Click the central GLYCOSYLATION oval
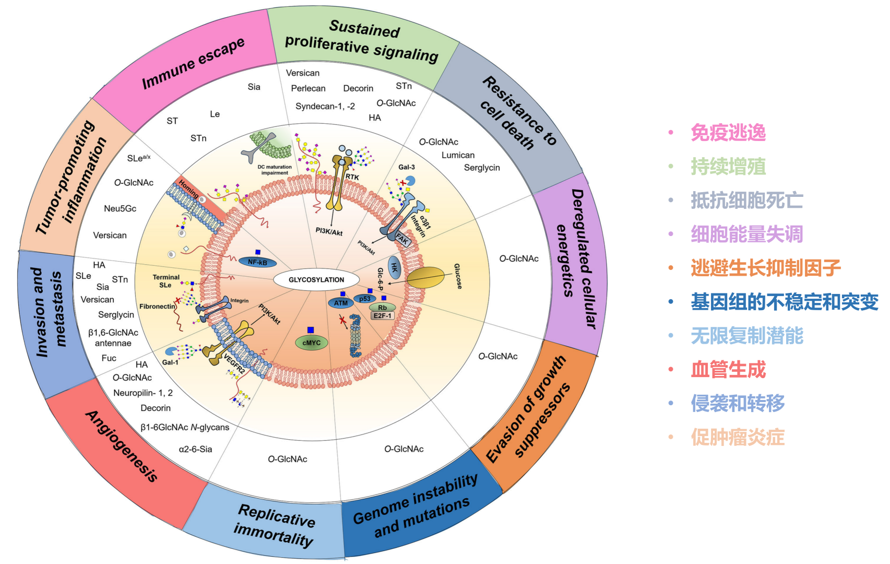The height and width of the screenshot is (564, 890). (316, 279)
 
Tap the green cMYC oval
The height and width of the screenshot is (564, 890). (312, 343)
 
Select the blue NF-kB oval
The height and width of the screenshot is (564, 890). (257, 262)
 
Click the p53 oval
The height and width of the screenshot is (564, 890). (365, 299)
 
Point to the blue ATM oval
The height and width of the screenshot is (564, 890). (341, 303)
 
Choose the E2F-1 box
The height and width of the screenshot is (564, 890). (382, 315)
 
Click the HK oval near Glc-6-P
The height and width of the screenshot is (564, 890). (394, 268)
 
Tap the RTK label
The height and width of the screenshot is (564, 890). (352, 177)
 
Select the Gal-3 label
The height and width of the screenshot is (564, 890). (407, 167)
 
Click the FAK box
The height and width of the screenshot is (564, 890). (402, 240)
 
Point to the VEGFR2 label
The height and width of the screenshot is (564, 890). (234, 363)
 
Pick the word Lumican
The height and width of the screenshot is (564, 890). (458, 155)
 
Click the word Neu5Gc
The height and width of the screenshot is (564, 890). (120, 208)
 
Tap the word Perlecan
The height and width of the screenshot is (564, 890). (308, 88)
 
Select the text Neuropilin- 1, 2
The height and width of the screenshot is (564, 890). (143, 393)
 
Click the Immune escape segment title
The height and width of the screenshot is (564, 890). (193, 63)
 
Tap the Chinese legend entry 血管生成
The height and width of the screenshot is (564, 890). (728, 370)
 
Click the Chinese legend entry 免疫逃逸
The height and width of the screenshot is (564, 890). (728, 133)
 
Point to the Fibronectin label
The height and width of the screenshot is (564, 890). (157, 307)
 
